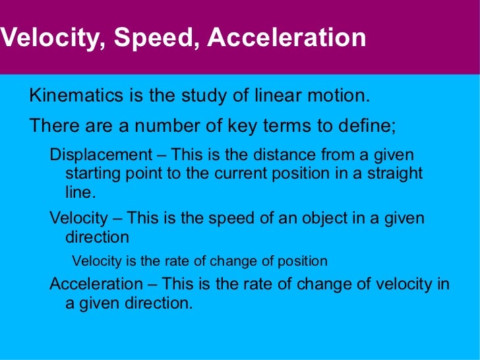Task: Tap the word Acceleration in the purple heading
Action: (x=286, y=38)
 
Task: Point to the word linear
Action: (x=278, y=96)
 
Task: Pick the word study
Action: (x=198, y=96)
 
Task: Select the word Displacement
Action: (x=101, y=155)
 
